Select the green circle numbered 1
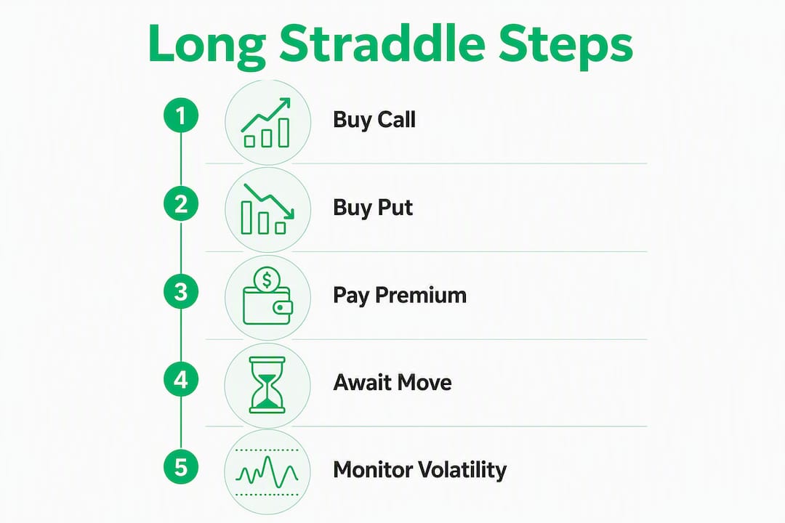(181, 115)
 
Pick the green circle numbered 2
(181, 203)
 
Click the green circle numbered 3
(181, 292)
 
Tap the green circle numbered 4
(181, 380)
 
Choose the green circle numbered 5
(181, 468)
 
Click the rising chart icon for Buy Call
(266, 123)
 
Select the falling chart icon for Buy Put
(267, 209)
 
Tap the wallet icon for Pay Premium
(267, 296)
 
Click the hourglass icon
(267, 385)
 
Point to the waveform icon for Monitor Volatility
(267, 472)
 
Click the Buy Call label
(374, 120)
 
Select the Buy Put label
(373, 208)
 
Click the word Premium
(421, 296)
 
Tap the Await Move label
(392, 383)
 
